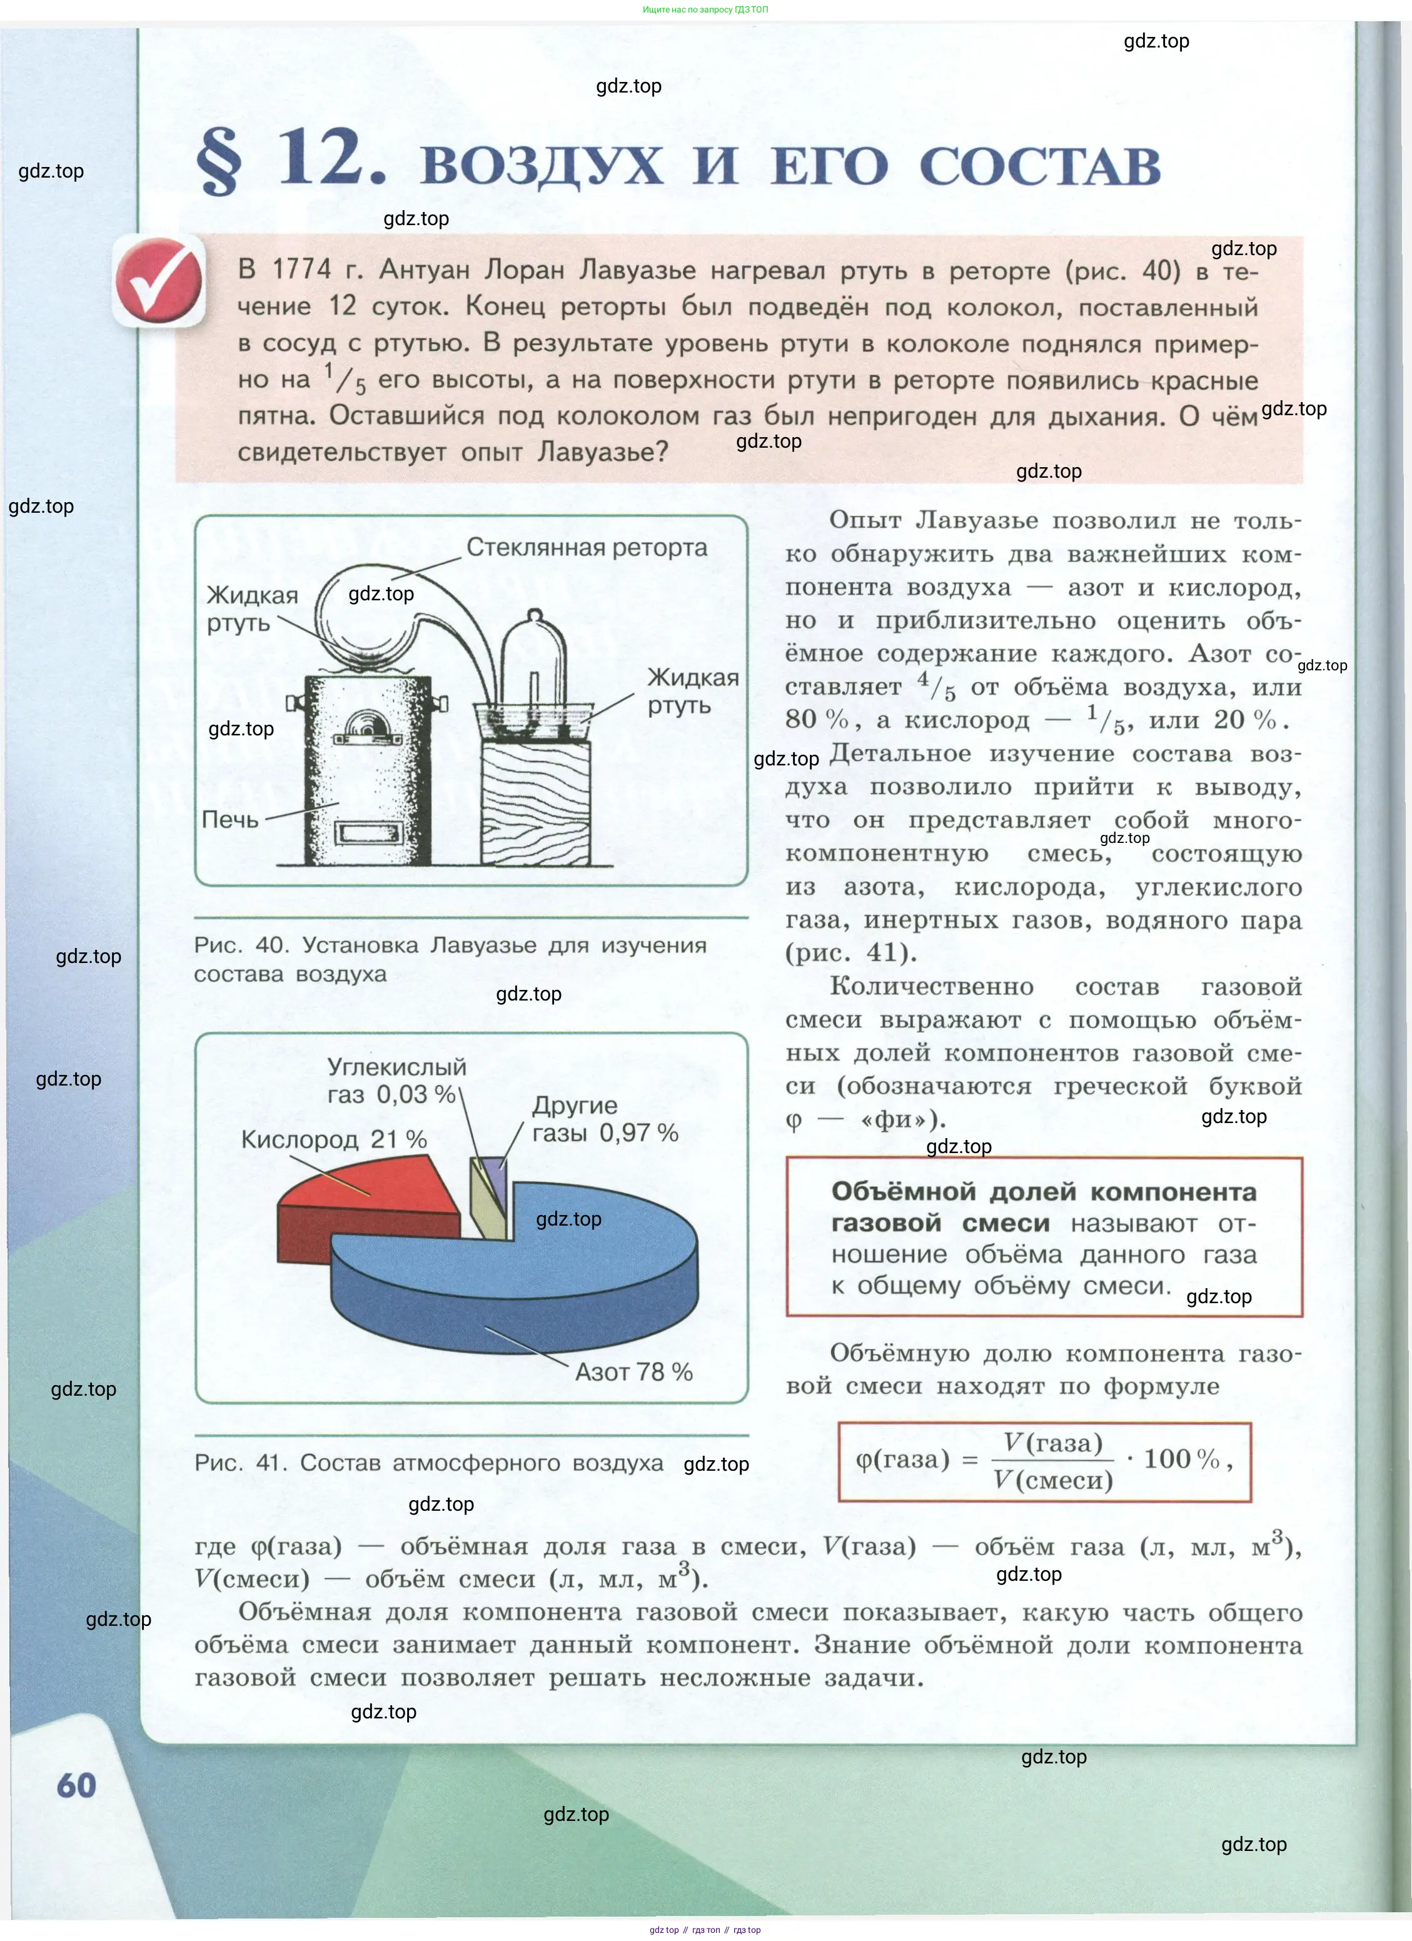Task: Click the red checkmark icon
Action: [160, 281]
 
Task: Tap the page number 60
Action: [76, 1785]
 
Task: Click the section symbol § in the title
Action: [218, 161]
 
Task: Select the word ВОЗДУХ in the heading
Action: [541, 165]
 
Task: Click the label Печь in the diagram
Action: [229, 819]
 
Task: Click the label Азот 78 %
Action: [633, 1372]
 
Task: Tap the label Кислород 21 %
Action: [334, 1139]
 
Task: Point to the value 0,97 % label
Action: [638, 1133]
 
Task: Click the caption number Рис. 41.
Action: [241, 1463]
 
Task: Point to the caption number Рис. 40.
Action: [241, 945]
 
